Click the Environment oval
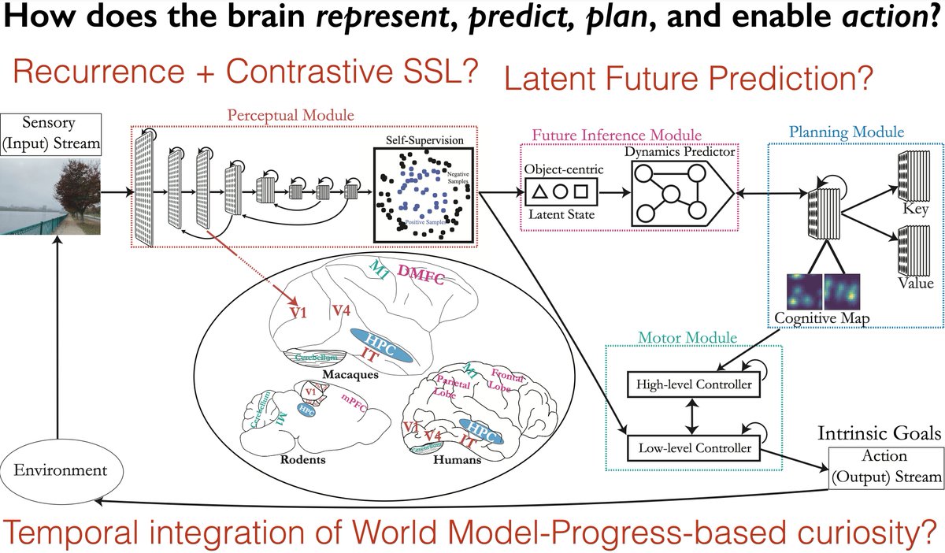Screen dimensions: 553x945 click(x=57, y=469)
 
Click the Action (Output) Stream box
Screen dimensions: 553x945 click(x=884, y=467)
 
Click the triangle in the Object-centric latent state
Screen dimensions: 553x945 click(x=540, y=190)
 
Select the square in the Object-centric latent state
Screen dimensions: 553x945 click(x=582, y=190)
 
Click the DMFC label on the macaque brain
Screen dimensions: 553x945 click(x=424, y=273)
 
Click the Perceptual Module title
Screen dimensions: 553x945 click(x=291, y=114)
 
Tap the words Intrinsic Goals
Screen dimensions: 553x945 click(x=885, y=432)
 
